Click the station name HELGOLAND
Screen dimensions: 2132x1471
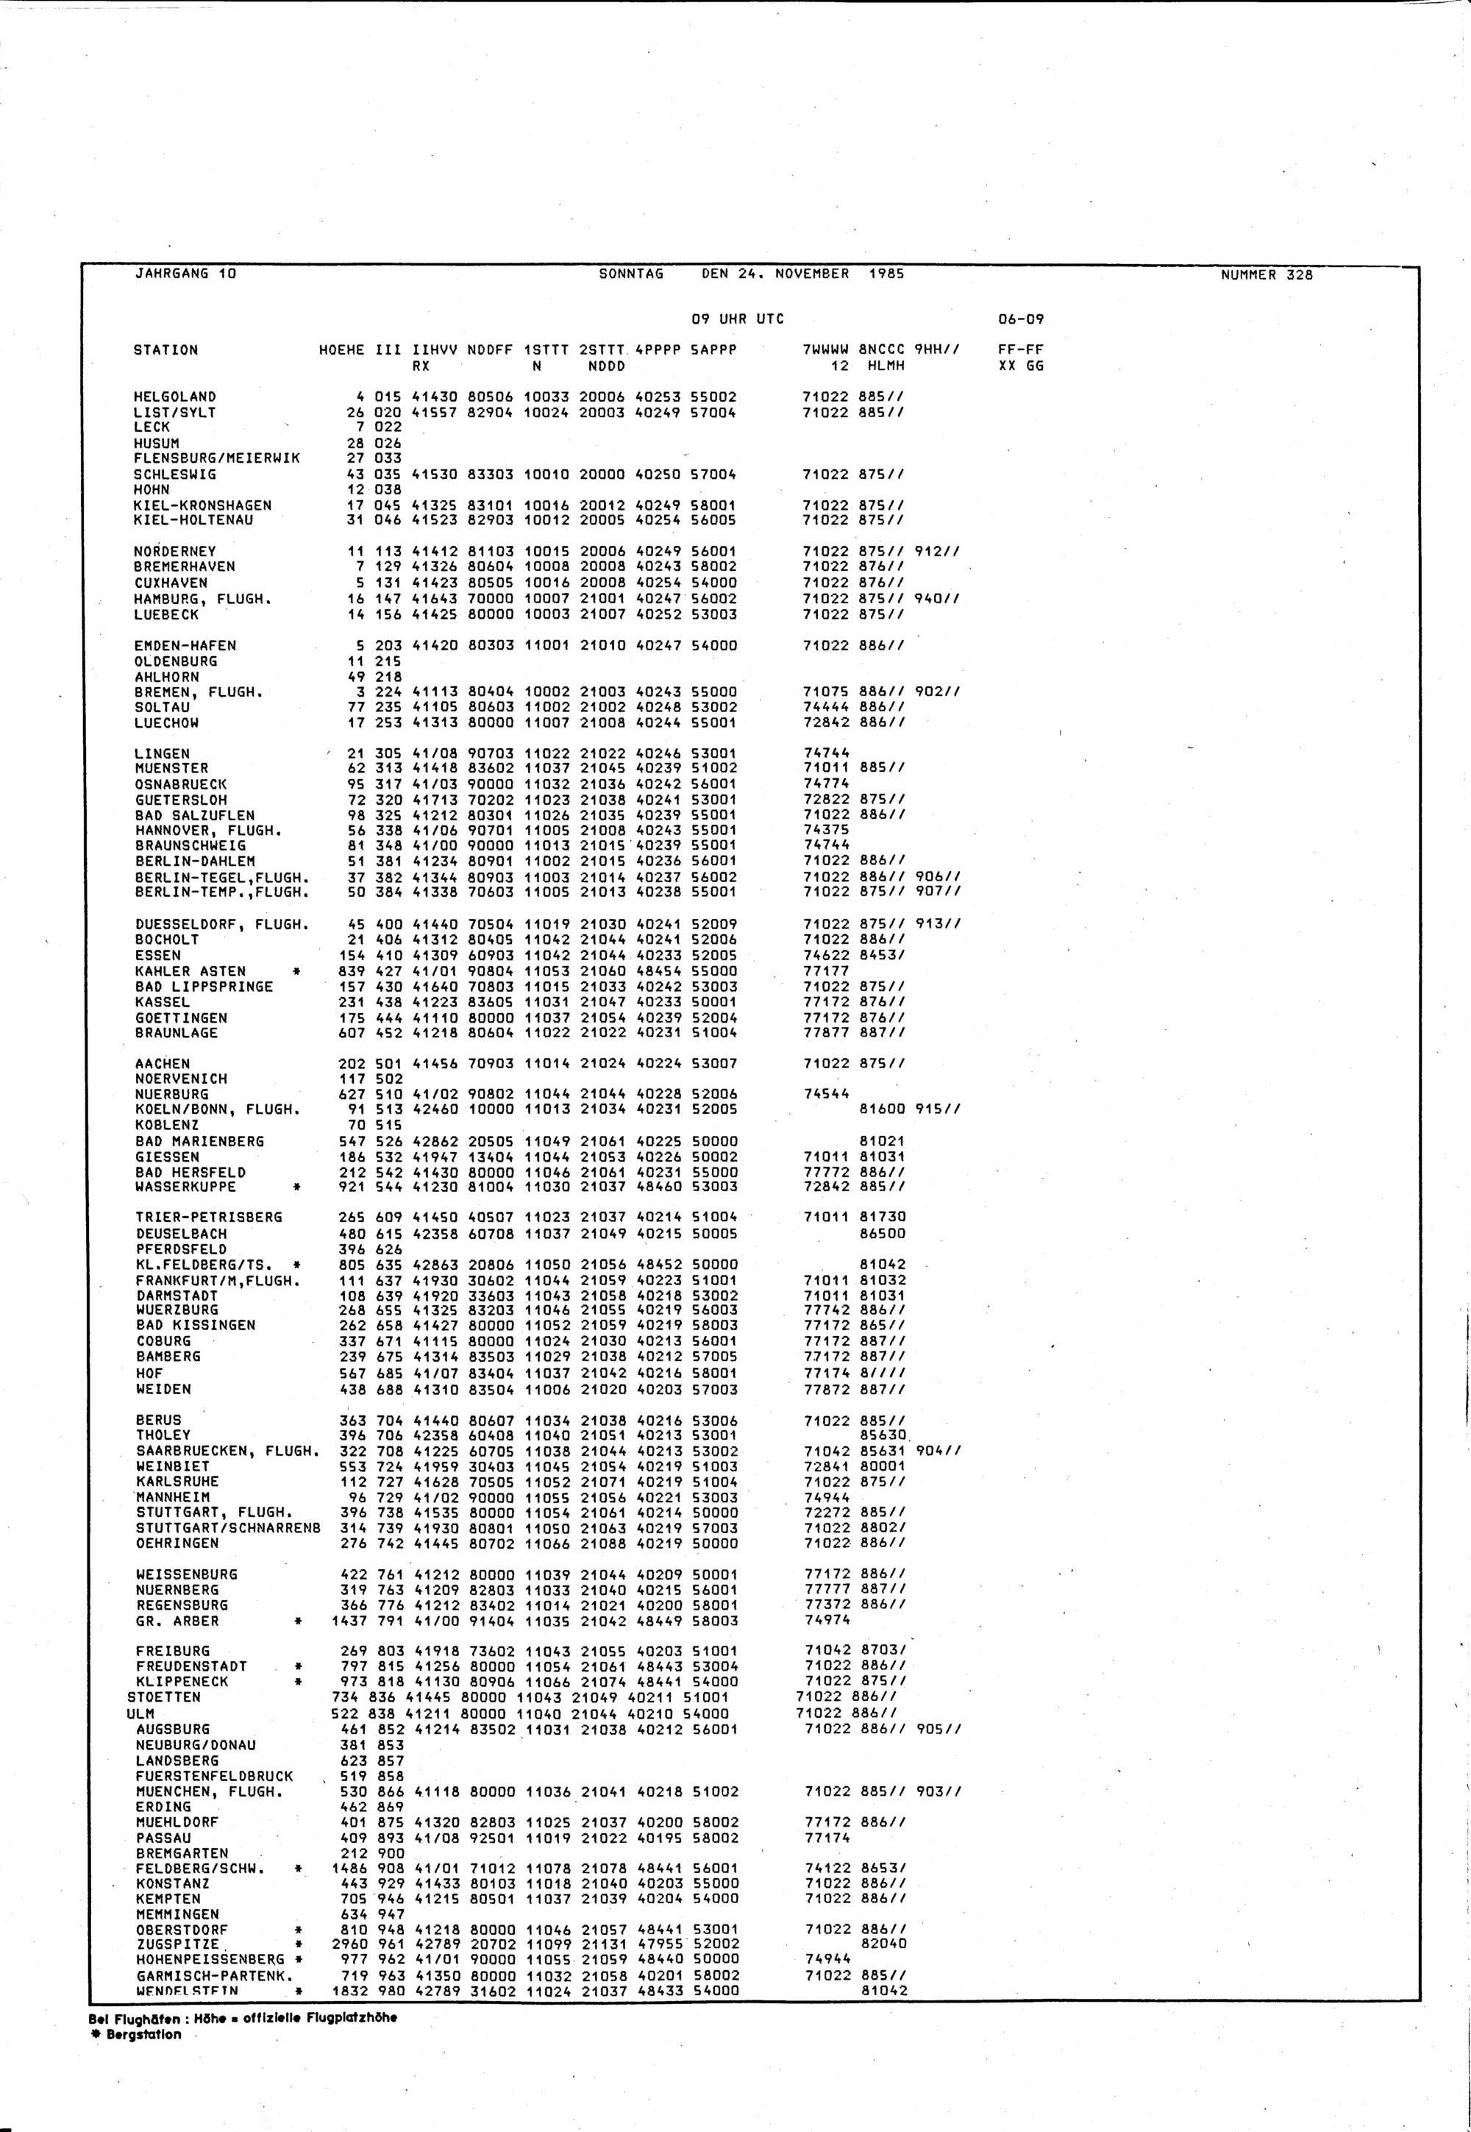point(174,397)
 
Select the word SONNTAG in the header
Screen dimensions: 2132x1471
point(630,274)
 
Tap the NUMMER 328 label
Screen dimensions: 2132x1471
point(1267,274)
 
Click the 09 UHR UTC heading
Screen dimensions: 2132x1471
point(738,319)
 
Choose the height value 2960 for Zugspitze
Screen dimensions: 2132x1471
point(349,1944)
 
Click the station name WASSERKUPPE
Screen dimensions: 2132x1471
point(185,1187)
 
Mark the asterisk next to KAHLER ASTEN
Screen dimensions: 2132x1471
point(297,972)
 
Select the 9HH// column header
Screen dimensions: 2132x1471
point(937,350)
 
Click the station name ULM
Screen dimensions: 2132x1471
point(140,1713)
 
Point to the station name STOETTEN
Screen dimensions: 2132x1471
point(163,1698)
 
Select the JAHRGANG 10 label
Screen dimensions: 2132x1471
point(185,274)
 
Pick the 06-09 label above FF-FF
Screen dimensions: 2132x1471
point(1020,319)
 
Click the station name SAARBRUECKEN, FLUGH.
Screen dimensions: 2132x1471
point(227,1451)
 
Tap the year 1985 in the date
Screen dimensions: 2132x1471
point(886,274)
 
